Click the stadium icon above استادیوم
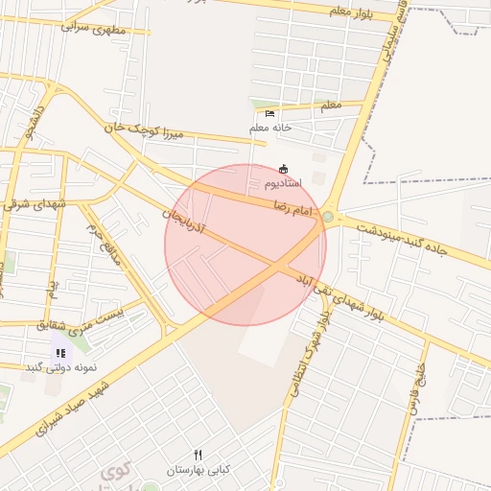[x=283, y=169]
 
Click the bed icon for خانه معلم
[x=269, y=114]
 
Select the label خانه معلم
[x=270, y=128]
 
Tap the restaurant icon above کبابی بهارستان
[x=199, y=455]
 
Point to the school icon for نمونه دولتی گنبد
[x=61, y=353]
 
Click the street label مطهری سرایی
[x=95, y=26]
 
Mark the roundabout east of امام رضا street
[x=328, y=218]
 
